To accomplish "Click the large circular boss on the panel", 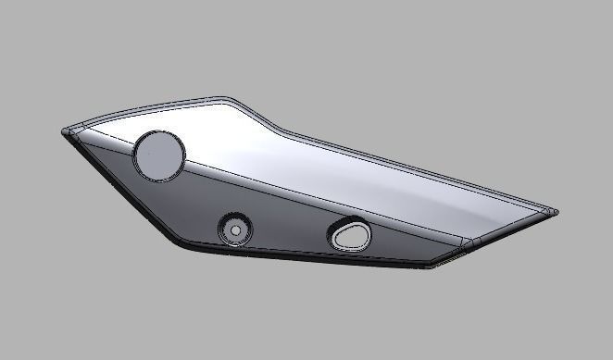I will (x=159, y=154).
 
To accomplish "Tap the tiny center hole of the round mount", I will (x=235, y=228).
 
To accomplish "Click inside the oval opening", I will (x=349, y=235).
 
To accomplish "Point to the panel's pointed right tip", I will (x=557, y=212).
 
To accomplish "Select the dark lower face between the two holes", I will (x=287, y=222).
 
